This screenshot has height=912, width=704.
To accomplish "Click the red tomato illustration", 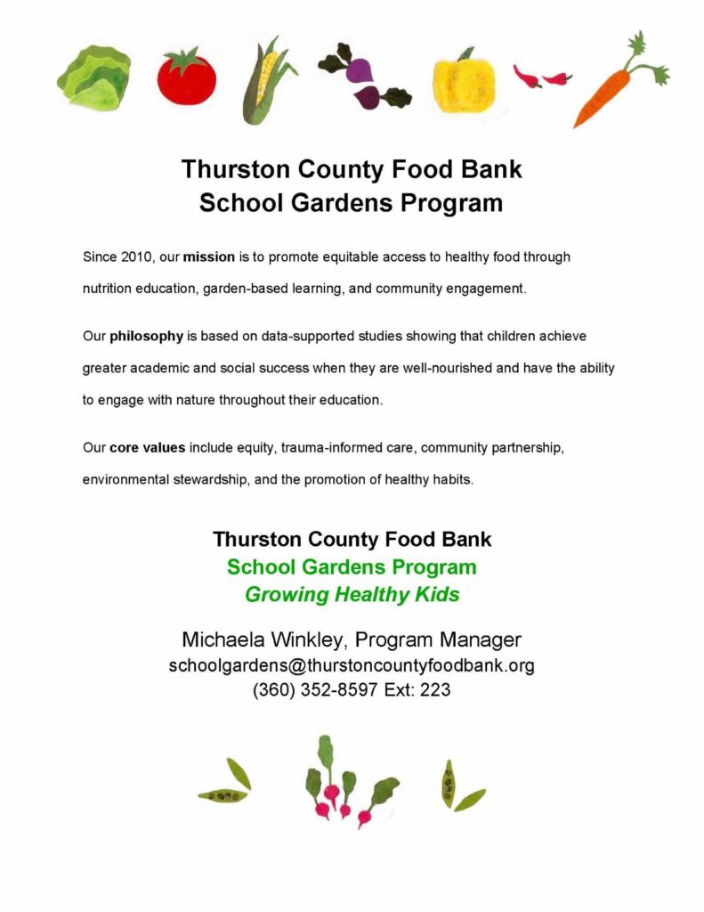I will tap(186, 77).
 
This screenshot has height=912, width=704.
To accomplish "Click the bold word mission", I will tap(208, 257).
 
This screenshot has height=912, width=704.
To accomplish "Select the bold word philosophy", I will tap(143, 337).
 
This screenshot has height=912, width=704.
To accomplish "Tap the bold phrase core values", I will tap(147, 447).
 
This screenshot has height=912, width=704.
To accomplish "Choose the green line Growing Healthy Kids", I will tap(352, 595).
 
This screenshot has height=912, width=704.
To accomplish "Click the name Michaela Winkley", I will tap(263, 640).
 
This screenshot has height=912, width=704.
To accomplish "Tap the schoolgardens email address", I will tap(352, 665).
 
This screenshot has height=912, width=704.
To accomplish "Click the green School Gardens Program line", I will tap(352, 567).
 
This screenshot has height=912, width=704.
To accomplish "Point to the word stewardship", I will tap(213, 479).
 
